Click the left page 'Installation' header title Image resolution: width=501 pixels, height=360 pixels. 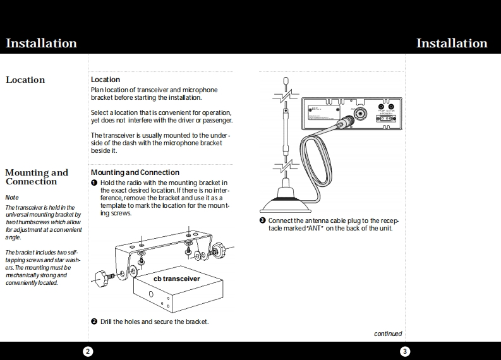point(41,44)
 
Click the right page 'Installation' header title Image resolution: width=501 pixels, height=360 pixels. point(452,44)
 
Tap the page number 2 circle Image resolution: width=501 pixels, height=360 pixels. point(88,351)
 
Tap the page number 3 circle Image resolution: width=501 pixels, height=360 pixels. point(405,351)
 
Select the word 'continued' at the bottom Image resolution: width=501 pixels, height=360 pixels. point(388,334)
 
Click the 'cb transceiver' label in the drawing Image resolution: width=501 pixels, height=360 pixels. point(177,279)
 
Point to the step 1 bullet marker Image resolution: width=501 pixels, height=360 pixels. point(94,183)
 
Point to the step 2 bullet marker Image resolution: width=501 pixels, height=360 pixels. point(94,321)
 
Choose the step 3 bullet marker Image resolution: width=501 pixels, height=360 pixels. point(262,220)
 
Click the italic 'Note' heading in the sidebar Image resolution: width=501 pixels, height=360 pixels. point(12,198)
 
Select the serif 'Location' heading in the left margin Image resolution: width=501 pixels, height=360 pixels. point(25,80)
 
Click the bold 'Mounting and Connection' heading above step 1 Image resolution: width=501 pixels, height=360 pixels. point(135,172)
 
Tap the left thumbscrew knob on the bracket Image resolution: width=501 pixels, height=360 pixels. point(104,276)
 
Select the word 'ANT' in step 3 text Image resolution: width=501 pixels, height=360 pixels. point(314,228)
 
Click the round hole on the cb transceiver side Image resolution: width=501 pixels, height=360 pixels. point(151,294)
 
